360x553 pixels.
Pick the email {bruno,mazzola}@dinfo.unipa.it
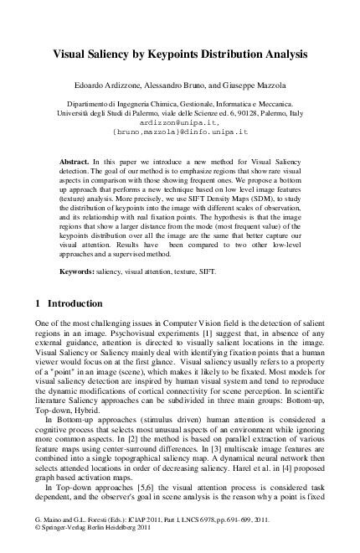point(180,132)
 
